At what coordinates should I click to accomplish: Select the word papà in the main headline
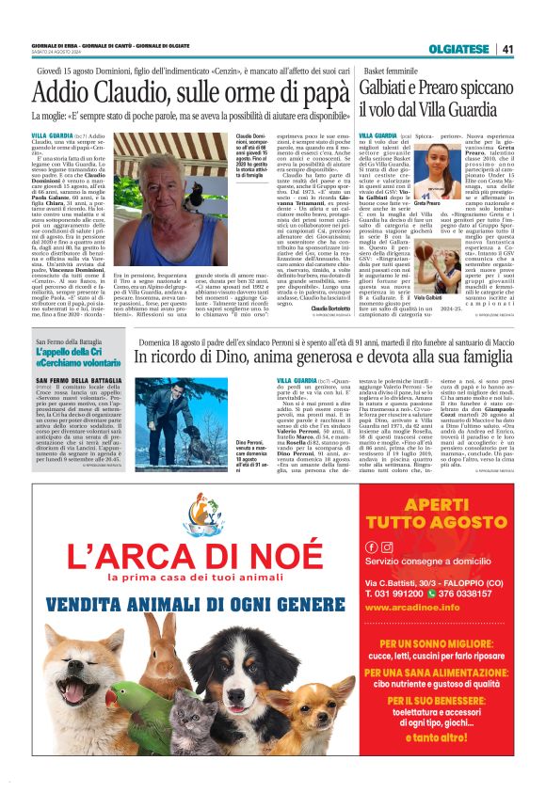312,95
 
